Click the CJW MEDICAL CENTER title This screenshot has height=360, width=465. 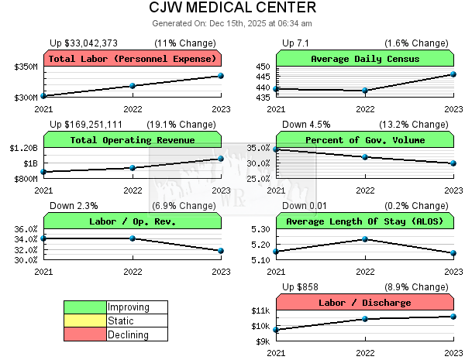coord(232,8)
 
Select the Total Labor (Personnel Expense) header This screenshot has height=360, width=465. coord(132,59)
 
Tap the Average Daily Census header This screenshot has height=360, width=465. coord(365,59)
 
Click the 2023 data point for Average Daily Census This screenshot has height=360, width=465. coord(454,74)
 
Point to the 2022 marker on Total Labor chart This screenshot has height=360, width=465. coord(133,86)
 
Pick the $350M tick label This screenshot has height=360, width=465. coord(26,67)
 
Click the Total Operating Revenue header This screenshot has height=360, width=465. coord(132,140)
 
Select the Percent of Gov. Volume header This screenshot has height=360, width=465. coord(365,140)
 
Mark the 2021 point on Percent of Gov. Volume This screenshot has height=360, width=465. coord(277,149)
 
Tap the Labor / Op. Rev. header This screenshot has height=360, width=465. coord(132,221)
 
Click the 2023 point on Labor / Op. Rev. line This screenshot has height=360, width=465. coord(221,251)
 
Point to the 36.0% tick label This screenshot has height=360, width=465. coord(26,229)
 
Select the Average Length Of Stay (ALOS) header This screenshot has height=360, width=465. coord(365,221)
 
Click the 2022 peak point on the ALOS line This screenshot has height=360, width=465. coord(365,239)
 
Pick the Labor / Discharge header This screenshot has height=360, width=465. coord(365,303)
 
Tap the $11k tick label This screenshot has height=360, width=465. coord(260,310)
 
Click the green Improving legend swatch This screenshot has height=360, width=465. coord(85,307)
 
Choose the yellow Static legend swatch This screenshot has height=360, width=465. coord(85,321)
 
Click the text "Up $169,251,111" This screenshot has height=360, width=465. coord(86,124)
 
